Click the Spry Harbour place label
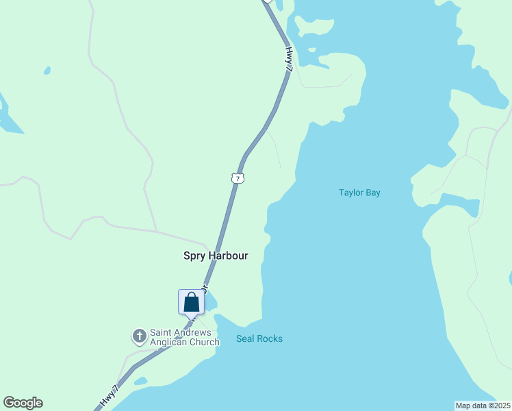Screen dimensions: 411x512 (x=215, y=256)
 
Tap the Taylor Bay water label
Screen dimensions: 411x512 (x=359, y=192)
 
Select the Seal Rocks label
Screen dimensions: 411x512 (x=259, y=338)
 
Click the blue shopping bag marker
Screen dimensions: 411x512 (x=192, y=301)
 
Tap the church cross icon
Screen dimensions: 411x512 (x=140, y=336)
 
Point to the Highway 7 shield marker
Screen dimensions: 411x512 (x=238, y=178)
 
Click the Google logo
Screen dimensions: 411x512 (x=23, y=403)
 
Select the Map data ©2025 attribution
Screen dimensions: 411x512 (x=483, y=405)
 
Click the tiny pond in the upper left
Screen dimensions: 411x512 (x=47, y=70)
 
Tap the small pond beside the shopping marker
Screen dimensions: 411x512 (x=210, y=300)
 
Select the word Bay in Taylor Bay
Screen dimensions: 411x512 (x=372, y=192)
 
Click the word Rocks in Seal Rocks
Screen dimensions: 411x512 (x=269, y=338)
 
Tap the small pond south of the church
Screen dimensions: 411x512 (x=141, y=380)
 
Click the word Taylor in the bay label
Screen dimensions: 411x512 (x=350, y=192)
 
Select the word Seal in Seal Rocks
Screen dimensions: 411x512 (x=245, y=338)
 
